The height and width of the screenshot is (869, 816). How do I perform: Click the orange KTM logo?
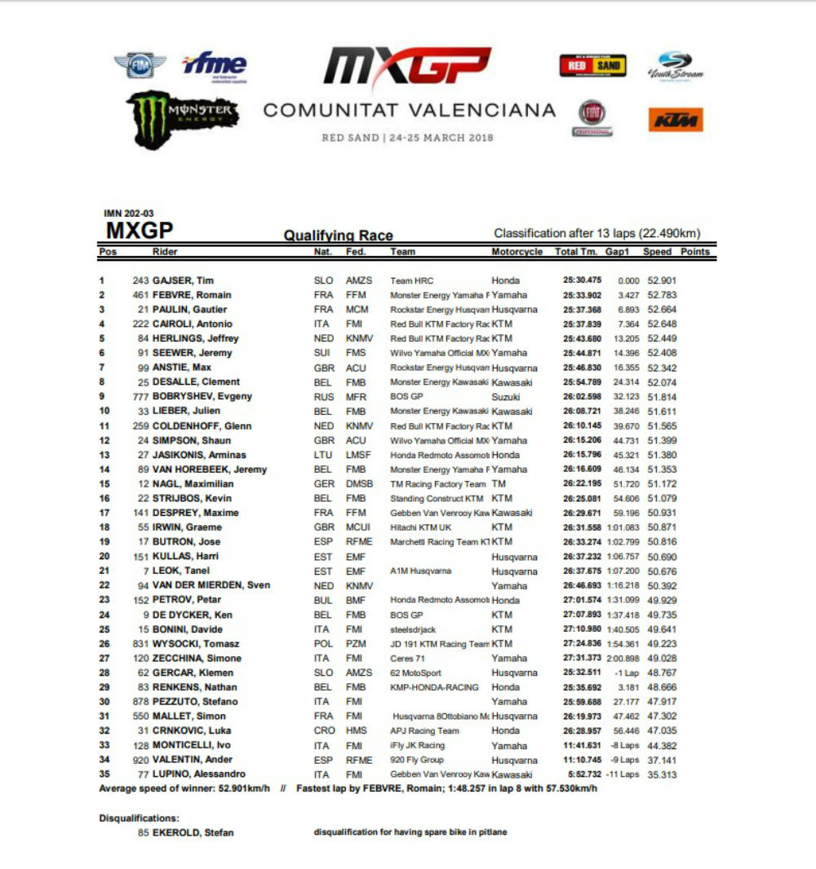point(676,120)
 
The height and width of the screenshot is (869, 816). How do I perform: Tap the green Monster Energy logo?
point(182,117)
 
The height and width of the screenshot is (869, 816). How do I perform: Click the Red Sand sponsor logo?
point(592,65)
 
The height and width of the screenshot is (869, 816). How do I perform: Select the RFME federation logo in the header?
point(215,66)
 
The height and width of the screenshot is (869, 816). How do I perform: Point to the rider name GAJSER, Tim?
point(184,280)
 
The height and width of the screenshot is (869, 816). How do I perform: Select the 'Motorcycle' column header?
point(517,252)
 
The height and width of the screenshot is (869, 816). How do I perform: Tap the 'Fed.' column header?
point(356,252)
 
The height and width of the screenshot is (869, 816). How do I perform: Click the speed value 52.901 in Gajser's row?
point(662,280)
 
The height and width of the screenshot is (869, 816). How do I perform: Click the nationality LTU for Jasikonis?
point(323,455)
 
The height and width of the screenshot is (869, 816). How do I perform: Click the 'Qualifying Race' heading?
point(338,236)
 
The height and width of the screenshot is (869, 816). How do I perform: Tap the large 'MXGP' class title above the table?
point(140,231)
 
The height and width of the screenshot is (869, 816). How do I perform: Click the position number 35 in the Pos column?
point(104,774)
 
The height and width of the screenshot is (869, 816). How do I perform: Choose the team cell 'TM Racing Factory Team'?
point(438,484)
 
